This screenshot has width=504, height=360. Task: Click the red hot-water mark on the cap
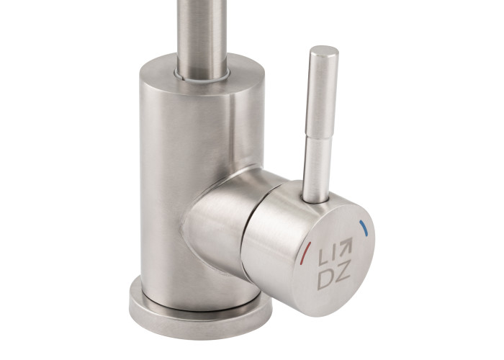click(305, 253)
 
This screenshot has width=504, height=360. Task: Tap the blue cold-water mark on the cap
click(364, 228)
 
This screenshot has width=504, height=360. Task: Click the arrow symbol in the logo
click(345, 246)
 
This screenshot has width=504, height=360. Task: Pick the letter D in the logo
click(325, 279)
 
